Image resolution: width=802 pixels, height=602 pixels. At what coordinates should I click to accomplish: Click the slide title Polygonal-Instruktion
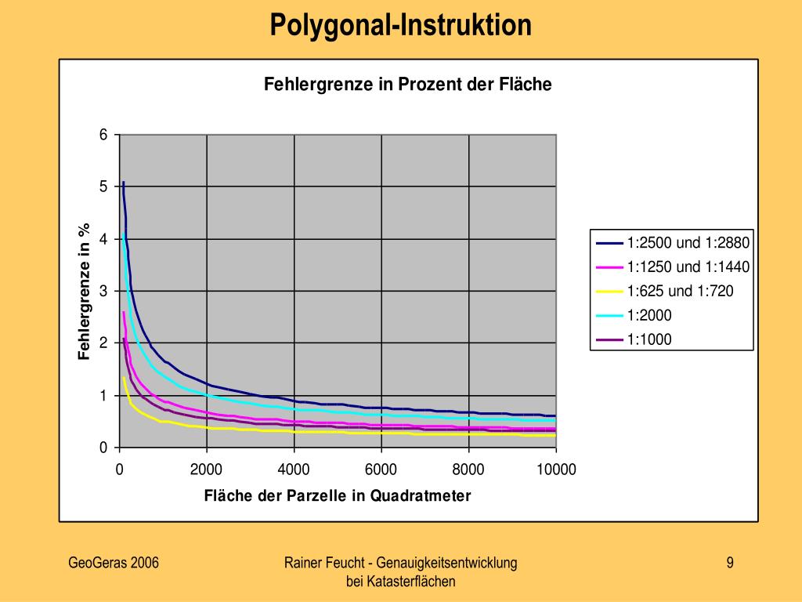(x=400, y=25)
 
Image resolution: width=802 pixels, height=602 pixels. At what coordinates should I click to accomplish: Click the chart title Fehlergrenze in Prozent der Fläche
(x=407, y=84)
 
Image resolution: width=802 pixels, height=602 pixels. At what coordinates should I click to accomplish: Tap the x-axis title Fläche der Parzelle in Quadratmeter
(x=338, y=495)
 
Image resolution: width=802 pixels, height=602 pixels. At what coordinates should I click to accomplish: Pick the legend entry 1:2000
(x=649, y=315)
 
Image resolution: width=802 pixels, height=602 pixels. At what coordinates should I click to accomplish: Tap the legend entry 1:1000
(x=649, y=339)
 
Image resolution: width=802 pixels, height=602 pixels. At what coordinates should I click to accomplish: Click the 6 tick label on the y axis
(x=103, y=135)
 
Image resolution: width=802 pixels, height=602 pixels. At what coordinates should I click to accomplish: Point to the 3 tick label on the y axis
(x=103, y=292)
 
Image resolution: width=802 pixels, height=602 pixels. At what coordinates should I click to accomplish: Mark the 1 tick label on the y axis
(x=103, y=396)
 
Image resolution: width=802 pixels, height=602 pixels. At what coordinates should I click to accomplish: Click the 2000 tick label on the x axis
(x=207, y=470)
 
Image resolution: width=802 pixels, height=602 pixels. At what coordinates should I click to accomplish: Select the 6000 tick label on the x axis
(x=381, y=470)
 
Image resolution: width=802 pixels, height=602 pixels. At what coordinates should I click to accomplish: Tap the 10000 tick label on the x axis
(x=556, y=470)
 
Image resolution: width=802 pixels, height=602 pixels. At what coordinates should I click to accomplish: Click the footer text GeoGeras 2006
(x=114, y=562)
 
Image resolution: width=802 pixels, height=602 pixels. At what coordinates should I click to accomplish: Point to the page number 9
(x=730, y=562)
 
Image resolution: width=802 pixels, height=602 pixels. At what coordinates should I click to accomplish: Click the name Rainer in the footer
(x=305, y=562)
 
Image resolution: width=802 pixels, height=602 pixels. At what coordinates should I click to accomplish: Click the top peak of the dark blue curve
(x=123, y=183)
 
